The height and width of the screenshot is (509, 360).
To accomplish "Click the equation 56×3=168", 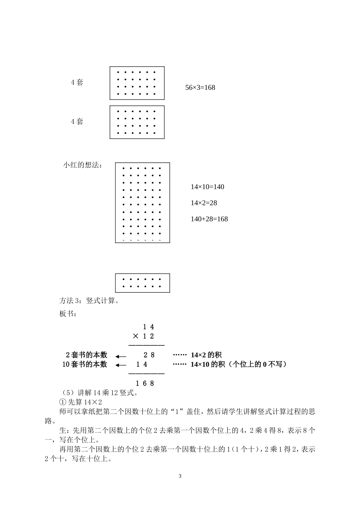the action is [x=200, y=87].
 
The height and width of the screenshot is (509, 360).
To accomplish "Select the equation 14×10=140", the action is [x=207, y=187].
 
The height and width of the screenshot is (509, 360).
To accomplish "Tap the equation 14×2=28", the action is [x=204, y=203].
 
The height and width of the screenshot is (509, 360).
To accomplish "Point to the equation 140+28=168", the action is [x=209, y=219].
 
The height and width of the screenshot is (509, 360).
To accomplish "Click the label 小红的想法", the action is [x=82, y=165].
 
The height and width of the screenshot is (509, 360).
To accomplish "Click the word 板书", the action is [x=68, y=314].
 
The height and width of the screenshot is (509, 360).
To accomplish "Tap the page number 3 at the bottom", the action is [x=180, y=476].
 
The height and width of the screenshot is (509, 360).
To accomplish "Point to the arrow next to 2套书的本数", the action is [x=121, y=356].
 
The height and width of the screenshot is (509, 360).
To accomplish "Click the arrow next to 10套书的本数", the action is [x=121, y=365].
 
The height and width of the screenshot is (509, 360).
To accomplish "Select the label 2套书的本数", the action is [x=86, y=355].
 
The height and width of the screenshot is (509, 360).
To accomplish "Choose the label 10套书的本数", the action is [x=85, y=365].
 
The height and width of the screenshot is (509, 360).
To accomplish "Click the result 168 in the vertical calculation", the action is [x=145, y=383].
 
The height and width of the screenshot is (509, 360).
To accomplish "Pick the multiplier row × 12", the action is [x=144, y=336].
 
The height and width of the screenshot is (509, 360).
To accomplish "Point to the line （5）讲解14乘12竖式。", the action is [x=100, y=393].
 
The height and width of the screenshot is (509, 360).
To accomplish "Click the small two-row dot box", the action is [x=142, y=283].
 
